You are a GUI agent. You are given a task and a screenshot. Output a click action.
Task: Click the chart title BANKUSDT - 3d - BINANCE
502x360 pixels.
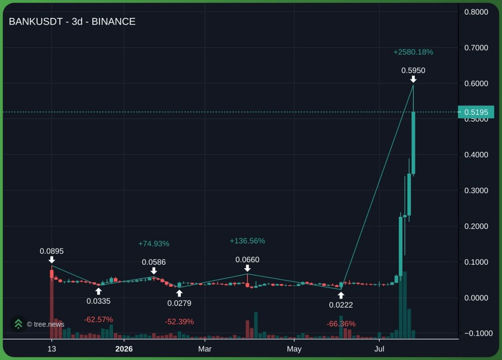click(72, 22)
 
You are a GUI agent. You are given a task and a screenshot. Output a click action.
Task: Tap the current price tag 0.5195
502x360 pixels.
click(476, 112)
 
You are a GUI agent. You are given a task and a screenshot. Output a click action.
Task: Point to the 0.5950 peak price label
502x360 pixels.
click(413, 70)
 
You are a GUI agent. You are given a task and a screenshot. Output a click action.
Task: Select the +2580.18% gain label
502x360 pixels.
click(413, 52)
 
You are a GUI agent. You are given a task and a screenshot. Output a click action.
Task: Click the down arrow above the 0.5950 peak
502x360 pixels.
click(413, 79)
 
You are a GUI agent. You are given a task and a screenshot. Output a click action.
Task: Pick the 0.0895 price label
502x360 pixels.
click(51, 251)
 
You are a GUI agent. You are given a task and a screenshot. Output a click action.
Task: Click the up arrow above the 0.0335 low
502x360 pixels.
click(98, 291)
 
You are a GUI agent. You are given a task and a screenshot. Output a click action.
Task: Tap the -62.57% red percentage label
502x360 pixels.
click(98, 320)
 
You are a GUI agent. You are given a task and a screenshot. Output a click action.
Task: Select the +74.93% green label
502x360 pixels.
click(154, 244)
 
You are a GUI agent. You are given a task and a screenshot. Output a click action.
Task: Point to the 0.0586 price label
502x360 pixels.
click(154, 262)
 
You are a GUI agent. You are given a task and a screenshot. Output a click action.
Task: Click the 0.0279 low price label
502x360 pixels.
click(179, 303)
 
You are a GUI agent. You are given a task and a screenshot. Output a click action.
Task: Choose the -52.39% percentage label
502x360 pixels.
click(179, 322)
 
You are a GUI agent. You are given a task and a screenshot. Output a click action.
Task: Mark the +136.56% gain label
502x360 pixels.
click(247, 241)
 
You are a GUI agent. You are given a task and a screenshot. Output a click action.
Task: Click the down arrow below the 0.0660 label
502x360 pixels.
click(247, 268)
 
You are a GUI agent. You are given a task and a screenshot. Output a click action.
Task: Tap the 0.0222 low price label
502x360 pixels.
click(341, 305)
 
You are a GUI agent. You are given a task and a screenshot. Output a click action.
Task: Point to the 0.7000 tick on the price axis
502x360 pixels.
click(476, 47)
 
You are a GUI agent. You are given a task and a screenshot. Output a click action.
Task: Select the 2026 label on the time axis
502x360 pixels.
click(124, 349)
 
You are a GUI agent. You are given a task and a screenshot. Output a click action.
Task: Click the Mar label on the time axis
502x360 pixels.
click(205, 349)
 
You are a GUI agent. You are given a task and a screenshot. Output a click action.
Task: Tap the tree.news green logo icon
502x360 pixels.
click(18, 324)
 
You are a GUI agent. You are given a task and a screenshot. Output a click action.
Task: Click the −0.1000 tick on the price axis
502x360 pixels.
click(478, 333)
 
